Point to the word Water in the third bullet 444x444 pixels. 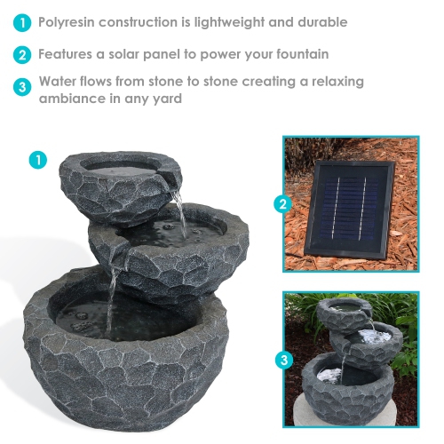(58, 82)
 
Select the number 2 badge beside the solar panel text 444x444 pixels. (21, 55)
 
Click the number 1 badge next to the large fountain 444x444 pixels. (37, 160)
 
